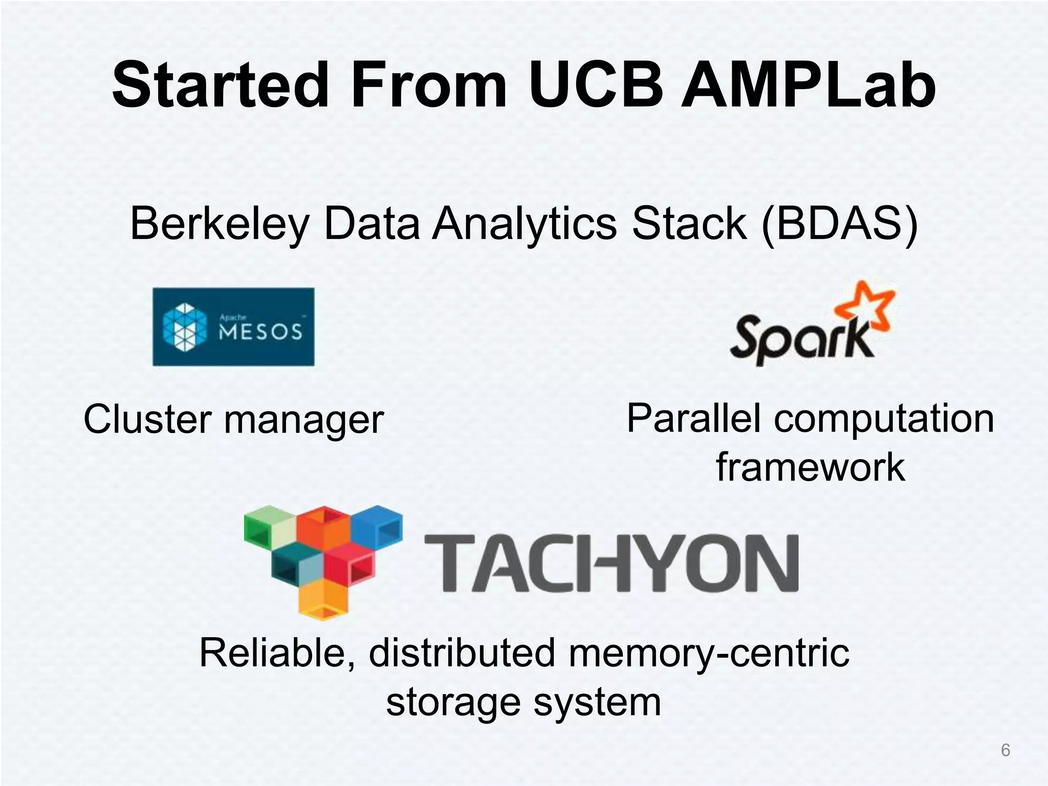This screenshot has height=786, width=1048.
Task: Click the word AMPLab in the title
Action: (x=809, y=84)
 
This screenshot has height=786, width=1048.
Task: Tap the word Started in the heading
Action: (x=220, y=84)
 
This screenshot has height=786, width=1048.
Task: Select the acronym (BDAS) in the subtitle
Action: (x=840, y=224)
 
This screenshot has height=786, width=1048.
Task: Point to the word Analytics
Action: (x=525, y=224)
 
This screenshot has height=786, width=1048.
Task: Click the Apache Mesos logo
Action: (x=233, y=327)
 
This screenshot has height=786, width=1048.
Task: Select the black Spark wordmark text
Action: (x=801, y=340)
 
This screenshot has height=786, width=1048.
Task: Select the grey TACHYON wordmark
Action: (x=612, y=563)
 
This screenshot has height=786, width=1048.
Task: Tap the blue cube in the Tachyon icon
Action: (x=378, y=527)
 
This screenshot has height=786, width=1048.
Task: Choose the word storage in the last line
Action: (x=453, y=702)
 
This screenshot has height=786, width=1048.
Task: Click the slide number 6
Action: (x=1006, y=750)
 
